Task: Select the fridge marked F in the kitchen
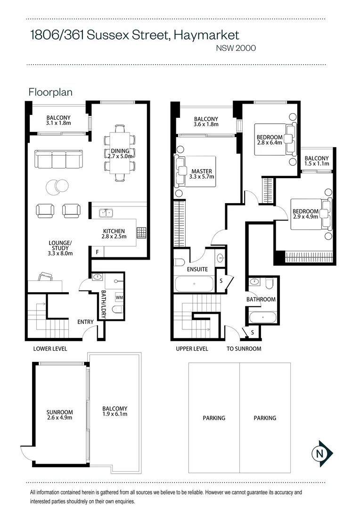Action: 97,252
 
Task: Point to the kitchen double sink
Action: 106,213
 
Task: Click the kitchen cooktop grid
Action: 141,232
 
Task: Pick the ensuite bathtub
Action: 194,285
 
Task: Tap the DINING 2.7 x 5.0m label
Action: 119,153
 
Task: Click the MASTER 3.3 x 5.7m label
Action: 202,174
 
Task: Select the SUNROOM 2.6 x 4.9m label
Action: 59,415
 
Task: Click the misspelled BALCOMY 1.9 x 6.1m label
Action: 115,411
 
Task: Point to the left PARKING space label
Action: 214,418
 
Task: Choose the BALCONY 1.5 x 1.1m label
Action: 317,161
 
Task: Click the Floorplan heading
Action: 50,92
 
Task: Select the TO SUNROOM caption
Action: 244,349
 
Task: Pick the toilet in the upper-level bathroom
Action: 270,283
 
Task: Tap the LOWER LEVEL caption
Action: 50,349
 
